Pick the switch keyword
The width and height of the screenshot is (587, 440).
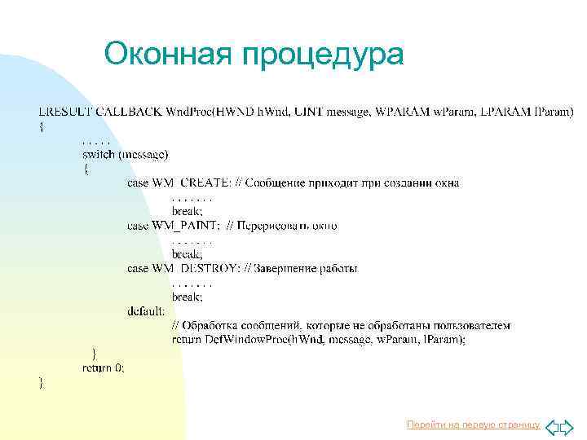pyautogui.click(x=98, y=154)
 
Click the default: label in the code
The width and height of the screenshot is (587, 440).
pyautogui.click(x=146, y=310)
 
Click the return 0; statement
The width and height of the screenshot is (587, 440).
pyautogui.click(x=104, y=367)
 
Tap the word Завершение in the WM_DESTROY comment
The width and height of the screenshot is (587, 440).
pyautogui.click(x=289, y=268)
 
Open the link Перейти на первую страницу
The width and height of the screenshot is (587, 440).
pyautogui.click(x=473, y=425)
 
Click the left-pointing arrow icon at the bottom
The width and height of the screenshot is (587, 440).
pyautogui.click(x=552, y=425)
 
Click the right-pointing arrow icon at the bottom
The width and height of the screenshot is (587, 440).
pyautogui.click(x=567, y=425)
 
